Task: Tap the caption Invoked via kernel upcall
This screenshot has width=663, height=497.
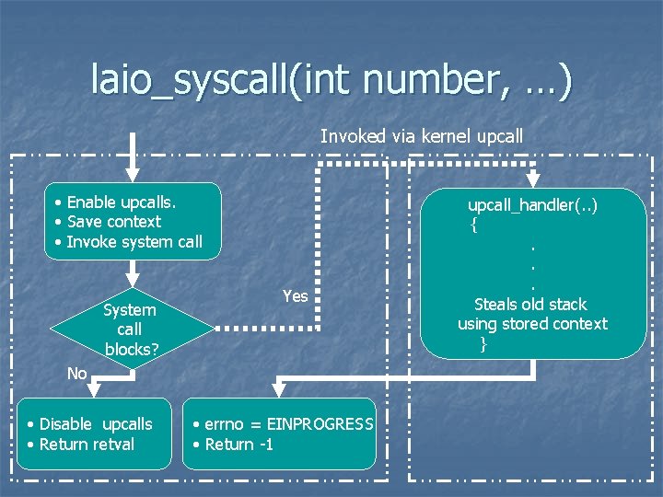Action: coord(422,136)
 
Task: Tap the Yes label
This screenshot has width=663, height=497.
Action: coord(295,295)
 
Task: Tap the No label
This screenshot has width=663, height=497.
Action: coord(76,373)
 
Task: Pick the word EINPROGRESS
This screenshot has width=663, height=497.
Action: coord(320,424)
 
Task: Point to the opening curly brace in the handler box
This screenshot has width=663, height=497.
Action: coord(473,224)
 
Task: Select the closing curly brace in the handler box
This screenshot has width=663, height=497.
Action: coord(483,344)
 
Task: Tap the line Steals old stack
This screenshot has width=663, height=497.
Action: coord(530,304)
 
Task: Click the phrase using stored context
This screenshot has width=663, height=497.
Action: coord(532,324)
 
